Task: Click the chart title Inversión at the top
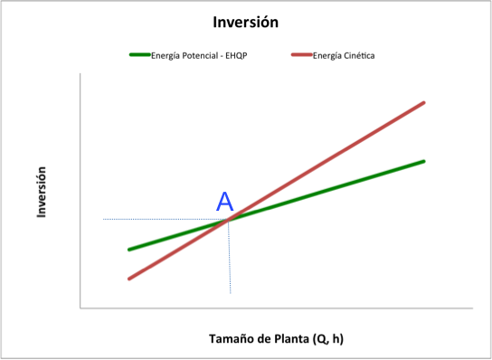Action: tap(246, 23)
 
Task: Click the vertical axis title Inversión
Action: tap(42, 192)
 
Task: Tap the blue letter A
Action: tap(225, 202)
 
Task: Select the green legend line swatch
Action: tap(140, 54)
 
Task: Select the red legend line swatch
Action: tap(302, 54)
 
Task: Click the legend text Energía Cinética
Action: tap(344, 56)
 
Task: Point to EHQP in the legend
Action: tap(236, 56)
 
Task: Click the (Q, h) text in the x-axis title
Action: tap(328, 339)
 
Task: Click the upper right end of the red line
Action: tap(424, 102)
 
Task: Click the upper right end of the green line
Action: tap(424, 161)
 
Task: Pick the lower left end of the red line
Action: tap(129, 279)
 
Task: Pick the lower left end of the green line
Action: tap(129, 250)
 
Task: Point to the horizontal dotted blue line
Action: tap(166, 219)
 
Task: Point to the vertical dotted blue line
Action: tap(230, 257)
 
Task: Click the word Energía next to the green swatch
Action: tap(166, 56)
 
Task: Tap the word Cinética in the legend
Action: tap(359, 56)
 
